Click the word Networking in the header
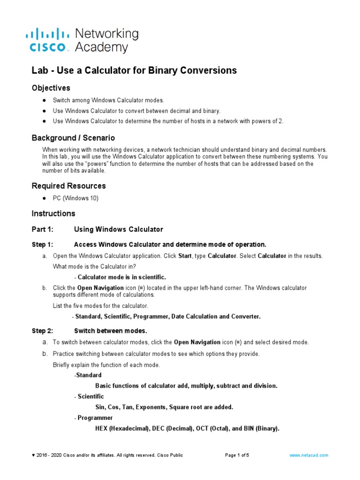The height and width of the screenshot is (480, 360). click(107, 34)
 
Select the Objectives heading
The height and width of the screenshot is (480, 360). click(51, 88)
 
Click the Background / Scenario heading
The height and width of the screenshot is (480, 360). click(73, 138)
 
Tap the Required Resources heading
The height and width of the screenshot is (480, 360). click(68, 186)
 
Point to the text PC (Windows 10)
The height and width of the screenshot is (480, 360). click(75, 198)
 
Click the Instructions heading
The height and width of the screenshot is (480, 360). click(53, 213)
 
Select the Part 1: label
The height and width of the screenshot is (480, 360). click(43, 229)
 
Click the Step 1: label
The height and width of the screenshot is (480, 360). click(43, 244)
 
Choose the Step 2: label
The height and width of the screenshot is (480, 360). click(43, 330)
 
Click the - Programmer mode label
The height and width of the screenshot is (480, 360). click(93, 418)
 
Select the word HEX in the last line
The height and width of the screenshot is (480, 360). click(101, 428)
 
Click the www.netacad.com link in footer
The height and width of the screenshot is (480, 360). click(309, 455)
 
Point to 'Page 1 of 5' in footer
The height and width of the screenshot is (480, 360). click(238, 455)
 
